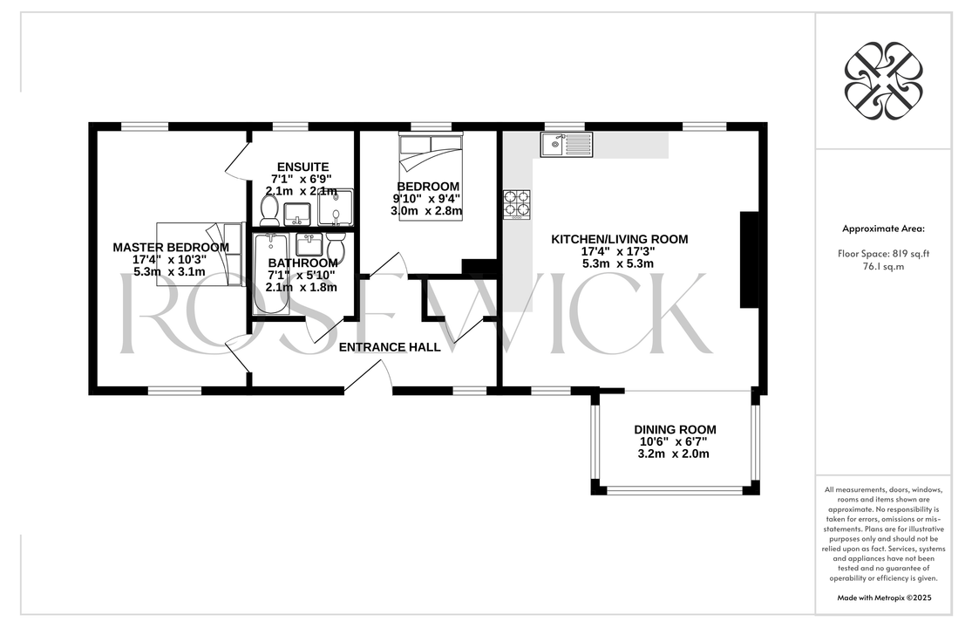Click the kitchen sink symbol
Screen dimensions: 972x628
(566, 145)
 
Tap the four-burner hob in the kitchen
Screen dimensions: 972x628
(516, 205)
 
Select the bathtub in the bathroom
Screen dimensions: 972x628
(270, 273)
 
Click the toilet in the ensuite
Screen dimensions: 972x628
(269, 211)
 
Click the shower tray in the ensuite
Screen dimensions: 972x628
(336, 208)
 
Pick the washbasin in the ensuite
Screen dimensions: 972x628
(297, 215)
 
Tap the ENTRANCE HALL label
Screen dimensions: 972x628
(390, 347)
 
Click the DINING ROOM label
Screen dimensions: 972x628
(675, 429)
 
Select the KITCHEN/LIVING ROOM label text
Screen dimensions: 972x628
(620, 239)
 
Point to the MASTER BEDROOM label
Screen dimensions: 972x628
(171, 248)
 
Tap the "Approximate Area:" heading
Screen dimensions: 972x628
(883, 229)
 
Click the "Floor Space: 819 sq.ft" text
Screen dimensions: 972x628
(883, 253)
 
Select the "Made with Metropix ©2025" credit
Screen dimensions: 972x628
(884, 598)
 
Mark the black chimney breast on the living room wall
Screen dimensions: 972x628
(750, 260)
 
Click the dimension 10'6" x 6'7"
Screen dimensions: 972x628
(674, 441)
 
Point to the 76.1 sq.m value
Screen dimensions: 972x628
(883, 267)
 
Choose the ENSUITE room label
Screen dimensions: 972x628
(302, 167)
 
